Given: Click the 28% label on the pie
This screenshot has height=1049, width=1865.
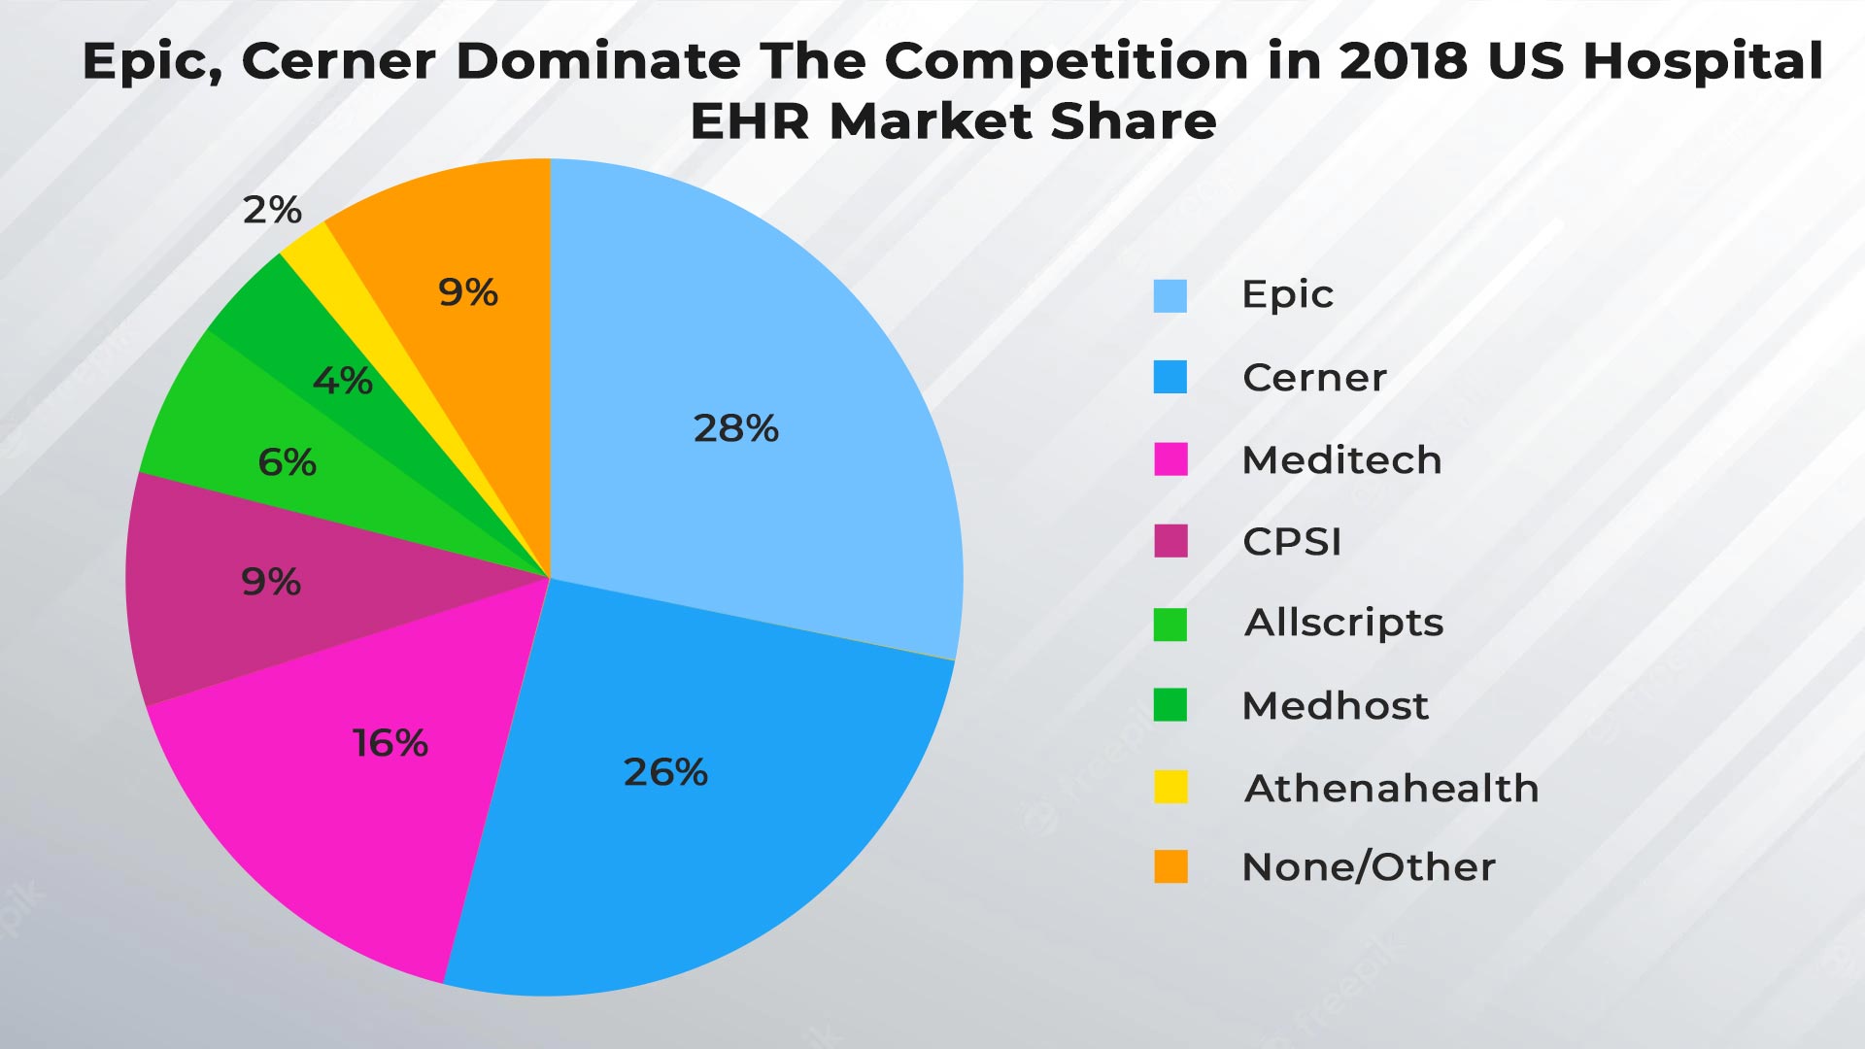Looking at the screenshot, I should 735,428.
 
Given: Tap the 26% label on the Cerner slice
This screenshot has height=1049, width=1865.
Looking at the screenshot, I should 665,772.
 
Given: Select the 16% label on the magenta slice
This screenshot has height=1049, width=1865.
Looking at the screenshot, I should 390,743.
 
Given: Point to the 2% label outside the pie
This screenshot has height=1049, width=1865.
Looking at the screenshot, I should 272,210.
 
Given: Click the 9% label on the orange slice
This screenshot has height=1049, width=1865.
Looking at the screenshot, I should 468,292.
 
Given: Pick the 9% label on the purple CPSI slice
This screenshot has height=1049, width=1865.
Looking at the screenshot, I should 271,582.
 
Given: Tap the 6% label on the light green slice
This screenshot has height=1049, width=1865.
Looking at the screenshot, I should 287,462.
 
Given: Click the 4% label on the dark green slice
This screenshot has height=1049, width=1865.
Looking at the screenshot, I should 342,381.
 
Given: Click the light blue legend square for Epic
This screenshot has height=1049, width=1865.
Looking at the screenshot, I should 1170,295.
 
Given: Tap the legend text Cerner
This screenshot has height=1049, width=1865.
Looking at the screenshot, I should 1314,378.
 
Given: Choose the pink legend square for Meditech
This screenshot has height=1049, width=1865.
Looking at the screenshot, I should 1170,459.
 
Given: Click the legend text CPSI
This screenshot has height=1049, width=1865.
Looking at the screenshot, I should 1292,542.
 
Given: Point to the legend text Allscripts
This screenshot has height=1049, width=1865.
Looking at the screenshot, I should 1343,623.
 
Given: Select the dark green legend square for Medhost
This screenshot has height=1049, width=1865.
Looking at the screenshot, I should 1170,705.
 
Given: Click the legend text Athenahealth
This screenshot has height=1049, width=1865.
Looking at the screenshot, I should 1391,788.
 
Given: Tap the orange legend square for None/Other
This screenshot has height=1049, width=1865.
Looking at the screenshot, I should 1170,866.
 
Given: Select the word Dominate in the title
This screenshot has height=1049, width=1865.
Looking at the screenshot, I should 598,61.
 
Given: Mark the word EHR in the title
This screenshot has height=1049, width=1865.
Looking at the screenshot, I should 751,122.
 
